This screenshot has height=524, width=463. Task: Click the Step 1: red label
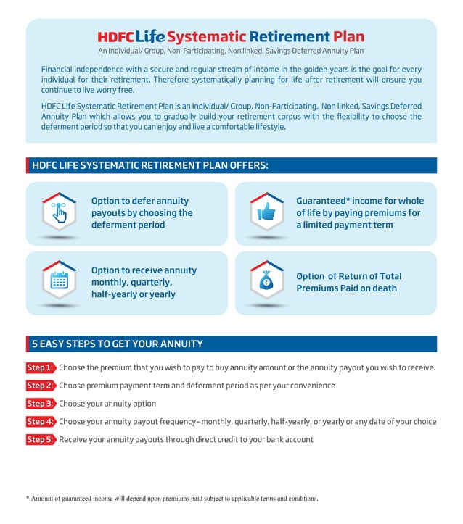[41, 367]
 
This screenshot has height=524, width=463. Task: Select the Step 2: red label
[41, 386]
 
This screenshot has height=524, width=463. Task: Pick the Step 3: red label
[41, 404]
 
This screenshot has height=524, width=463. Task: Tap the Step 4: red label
[41, 422]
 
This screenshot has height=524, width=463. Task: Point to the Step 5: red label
[41, 440]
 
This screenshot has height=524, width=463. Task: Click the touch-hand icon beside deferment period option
[60, 212]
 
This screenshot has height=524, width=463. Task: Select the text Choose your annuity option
[107, 404]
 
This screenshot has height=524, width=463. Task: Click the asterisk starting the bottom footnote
[28, 498]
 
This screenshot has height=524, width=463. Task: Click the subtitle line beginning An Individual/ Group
[231, 51]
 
